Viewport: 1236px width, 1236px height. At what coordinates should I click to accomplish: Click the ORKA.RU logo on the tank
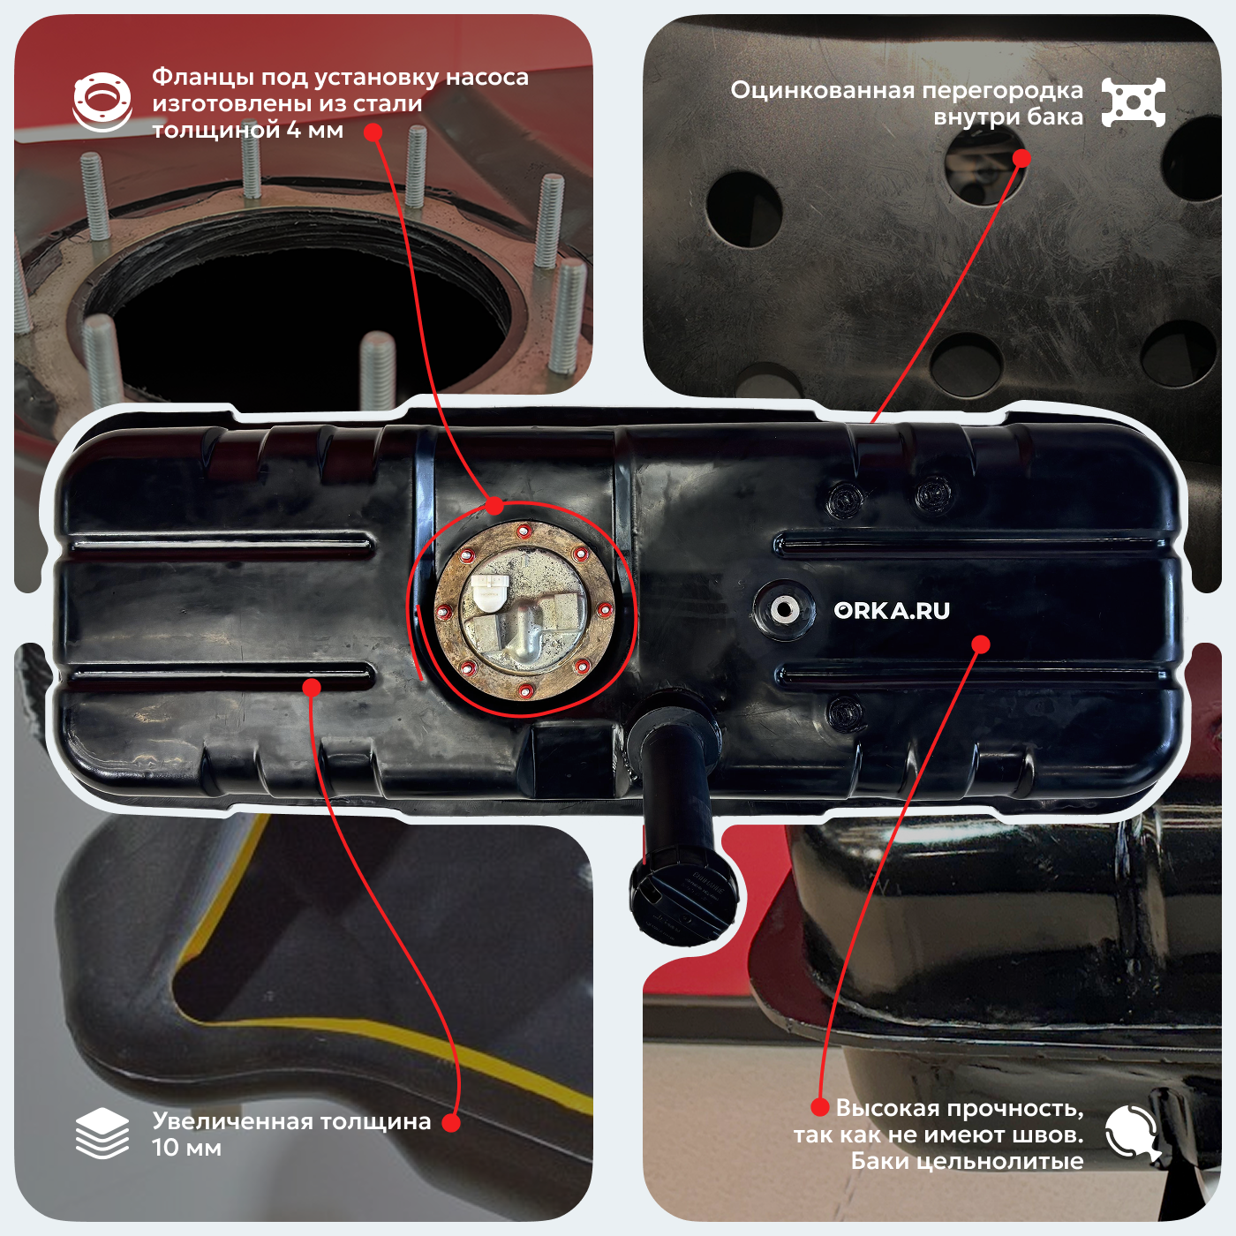[891, 611]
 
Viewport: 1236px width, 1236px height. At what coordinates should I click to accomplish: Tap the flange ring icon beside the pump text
[102, 102]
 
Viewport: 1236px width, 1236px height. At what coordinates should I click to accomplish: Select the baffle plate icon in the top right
[1133, 102]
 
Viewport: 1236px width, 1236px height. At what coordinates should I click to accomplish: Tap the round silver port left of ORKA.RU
[783, 609]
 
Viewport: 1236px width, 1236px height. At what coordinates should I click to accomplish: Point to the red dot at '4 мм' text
[373, 132]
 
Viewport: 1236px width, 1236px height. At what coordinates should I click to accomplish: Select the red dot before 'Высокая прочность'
[819, 1106]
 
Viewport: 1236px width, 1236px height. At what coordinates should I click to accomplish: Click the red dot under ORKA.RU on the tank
[980, 644]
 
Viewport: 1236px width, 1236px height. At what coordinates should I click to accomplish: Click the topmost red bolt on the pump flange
[524, 530]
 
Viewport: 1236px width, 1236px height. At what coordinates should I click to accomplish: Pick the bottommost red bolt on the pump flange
[525, 690]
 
